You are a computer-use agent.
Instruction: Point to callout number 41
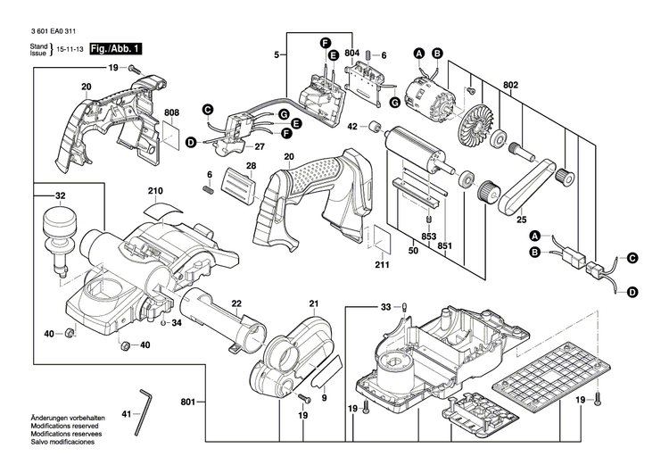pyautogui.click(x=125, y=413)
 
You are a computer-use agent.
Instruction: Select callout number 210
pyautogui.click(x=155, y=191)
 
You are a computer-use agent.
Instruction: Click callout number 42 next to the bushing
pyautogui.click(x=351, y=126)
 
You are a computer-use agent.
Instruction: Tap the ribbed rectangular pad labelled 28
pyautogui.click(x=237, y=186)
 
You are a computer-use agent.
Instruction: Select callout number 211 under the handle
pyautogui.click(x=382, y=264)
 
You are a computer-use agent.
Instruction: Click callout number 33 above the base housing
pyautogui.click(x=385, y=306)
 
